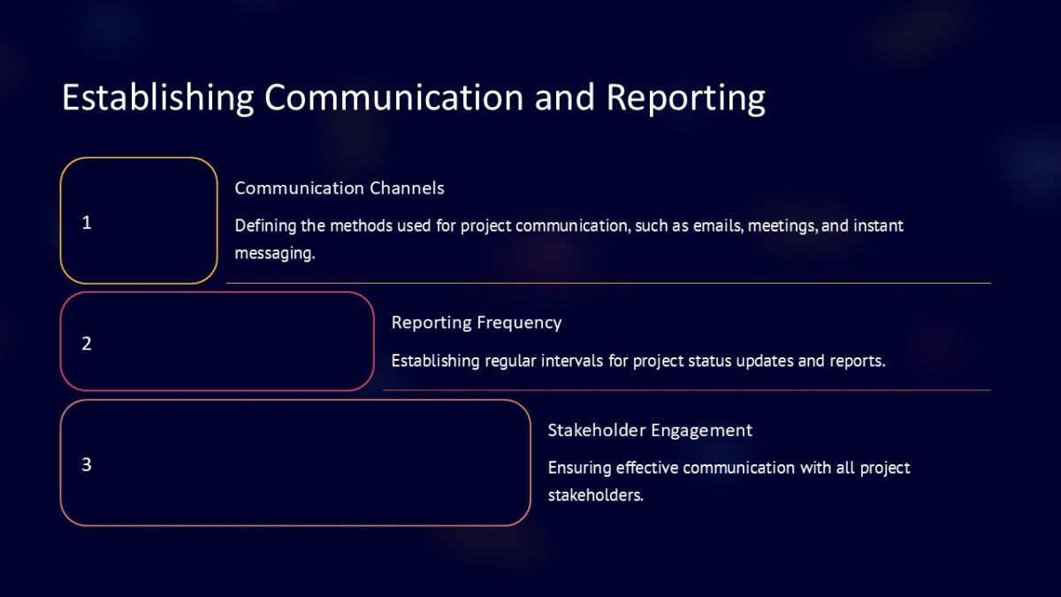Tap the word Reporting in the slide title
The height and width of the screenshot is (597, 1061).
click(685, 97)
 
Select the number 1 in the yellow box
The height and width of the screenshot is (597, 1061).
click(87, 223)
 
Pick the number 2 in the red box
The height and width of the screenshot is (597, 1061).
click(87, 343)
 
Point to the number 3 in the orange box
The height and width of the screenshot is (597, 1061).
click(87, 464)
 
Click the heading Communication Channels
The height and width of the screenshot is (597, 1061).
click(340, 188)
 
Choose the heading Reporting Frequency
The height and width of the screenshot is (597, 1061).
click(477, 323)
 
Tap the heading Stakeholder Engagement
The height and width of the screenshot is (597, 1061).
click(650, 431)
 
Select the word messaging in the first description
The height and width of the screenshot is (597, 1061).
click(274, 253)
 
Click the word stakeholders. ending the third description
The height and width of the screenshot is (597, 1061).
click(595, 495)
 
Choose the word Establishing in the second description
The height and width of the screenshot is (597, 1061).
click(435, 361)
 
